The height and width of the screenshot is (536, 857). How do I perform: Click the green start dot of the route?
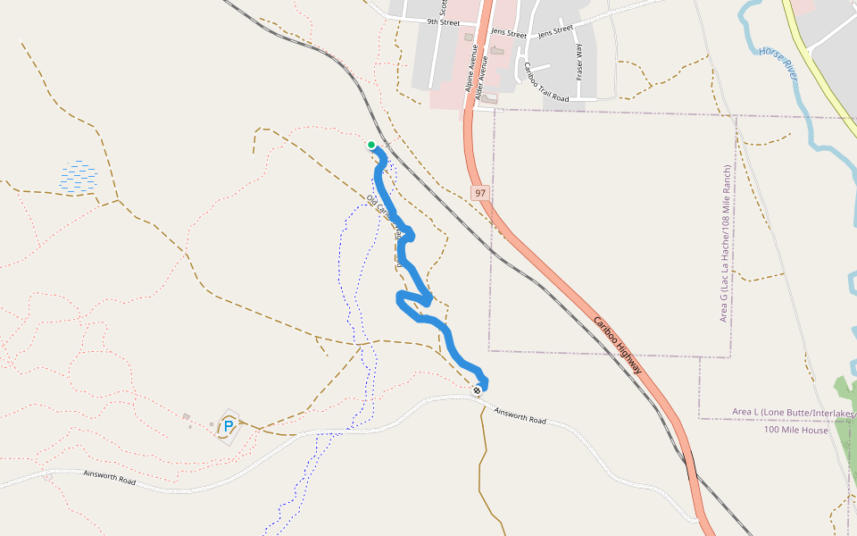pyautogui.click(x=371, y=145)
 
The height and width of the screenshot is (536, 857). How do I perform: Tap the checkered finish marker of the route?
pyautogui.click(x=478, y=389)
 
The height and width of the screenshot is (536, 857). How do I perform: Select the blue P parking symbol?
pyautogui.click(x=229, y=427)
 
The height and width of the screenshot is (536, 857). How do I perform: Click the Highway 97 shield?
pyautogui.click(x=480, y=193)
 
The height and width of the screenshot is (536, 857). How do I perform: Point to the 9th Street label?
pyautogui.click(x=443, y=21)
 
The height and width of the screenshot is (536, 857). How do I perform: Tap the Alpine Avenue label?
pyautogui.click(x=470, y=71)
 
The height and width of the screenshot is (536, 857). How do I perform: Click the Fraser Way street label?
pyautogui.click(x=579, y=62)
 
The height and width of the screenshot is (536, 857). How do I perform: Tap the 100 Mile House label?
pyautogui.click(x=796, y=430)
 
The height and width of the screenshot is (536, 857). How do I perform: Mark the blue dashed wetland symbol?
pyautogui.click(x=79, y=176)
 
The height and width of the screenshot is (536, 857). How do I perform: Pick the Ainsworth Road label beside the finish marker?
pyautogui.click(x=520, y=415)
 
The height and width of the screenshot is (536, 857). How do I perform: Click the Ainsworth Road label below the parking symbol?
pyautogui.click(x=109, y=480)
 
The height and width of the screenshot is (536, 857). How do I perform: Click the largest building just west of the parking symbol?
pyautogui.click(x=186, y=416)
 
